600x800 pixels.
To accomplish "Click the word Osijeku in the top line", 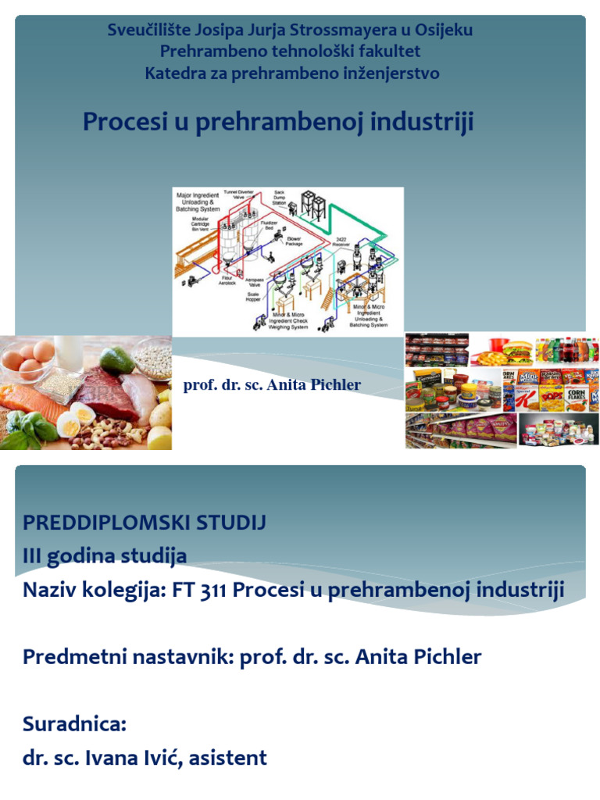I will point(441,30).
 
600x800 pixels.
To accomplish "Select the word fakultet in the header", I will point(388,52).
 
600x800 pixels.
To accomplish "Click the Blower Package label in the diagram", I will point(294,241).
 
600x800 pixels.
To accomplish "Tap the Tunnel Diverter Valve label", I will point(240,195).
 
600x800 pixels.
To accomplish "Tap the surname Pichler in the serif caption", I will point(336,385).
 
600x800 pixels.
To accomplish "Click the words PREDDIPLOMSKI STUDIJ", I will point(145,523).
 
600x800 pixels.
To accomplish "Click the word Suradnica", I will point(74,724).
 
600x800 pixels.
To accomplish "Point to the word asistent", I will point(230,757).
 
